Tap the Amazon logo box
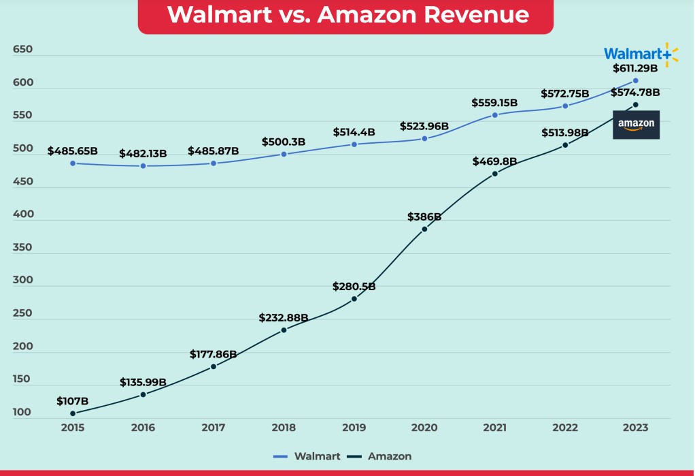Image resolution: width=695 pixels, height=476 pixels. coord(636,125)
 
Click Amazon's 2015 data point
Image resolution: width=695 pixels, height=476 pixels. coord(73,413)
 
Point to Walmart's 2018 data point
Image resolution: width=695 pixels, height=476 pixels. coord(284,154)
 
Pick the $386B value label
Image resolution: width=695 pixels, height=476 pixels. coord(424,217)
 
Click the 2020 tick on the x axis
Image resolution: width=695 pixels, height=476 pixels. coord(424,428)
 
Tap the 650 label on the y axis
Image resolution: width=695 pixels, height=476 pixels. coord(22,50)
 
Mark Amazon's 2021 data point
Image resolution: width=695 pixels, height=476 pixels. coord(495,174)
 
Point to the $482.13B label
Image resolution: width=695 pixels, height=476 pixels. coord(143,154)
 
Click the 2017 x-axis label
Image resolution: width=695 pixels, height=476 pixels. coord(214,428)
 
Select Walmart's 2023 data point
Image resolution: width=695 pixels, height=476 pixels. coord(636,80)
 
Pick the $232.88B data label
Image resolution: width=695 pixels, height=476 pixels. coord(284,318)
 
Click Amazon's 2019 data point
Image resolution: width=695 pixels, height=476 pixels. coord(354,299)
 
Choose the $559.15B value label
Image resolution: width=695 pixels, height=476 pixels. coord(494,103)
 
